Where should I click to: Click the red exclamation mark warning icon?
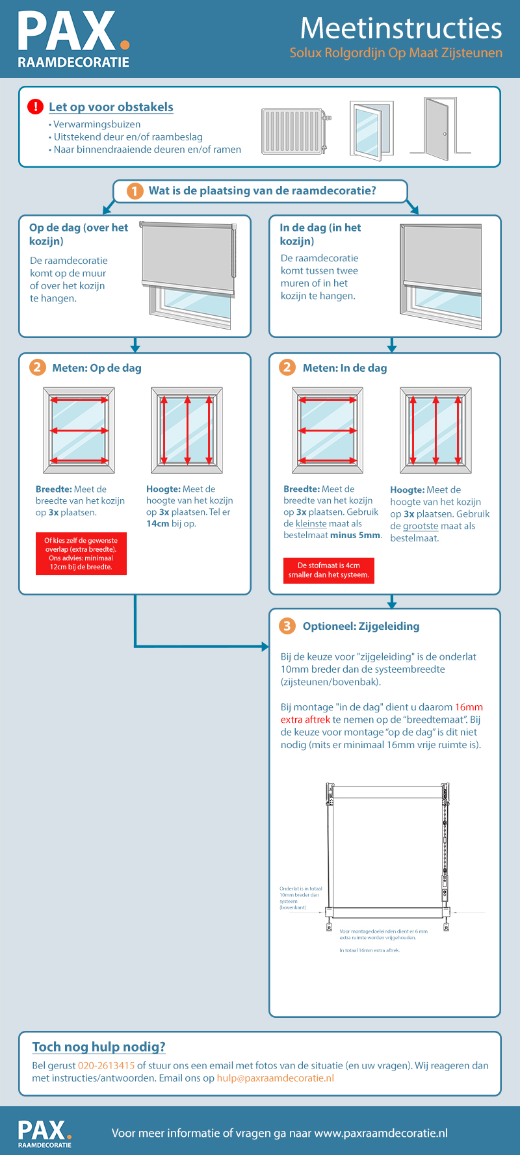35,107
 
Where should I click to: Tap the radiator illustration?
294,131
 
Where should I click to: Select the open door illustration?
439,128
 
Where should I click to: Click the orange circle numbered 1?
135,191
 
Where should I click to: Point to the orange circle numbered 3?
287,626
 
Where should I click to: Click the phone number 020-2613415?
106,1065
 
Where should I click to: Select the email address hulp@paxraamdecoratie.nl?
275,1078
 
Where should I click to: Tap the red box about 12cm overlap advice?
81,554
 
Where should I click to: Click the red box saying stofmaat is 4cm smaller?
328,570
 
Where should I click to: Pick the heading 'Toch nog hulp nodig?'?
99,1046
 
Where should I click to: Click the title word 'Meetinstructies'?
400,28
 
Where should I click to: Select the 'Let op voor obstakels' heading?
111,107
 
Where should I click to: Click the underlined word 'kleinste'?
311,523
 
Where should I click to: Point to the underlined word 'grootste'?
421,526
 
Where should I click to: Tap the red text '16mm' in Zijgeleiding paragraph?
469,707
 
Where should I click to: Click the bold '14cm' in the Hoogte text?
157,523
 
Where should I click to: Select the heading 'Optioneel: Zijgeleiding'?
361,626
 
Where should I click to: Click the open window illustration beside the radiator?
371,129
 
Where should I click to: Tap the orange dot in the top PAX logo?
125,45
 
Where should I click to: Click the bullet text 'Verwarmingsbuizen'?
97,124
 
